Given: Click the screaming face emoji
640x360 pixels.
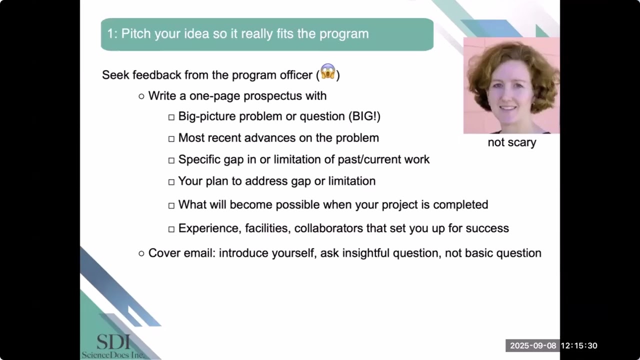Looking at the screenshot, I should pos(327,71).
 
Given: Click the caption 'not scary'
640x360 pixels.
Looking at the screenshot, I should pos(511,142).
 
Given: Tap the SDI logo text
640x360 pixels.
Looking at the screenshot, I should pos(113,342).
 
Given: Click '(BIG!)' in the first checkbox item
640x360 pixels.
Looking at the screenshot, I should pos(364,116).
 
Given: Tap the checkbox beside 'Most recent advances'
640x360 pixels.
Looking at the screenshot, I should pos(171,138).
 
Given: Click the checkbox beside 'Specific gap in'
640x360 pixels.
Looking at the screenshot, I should pos(171,160).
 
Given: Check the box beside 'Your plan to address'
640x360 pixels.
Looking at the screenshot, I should pos(171,182).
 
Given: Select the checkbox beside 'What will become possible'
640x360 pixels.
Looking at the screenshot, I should pos(171,205).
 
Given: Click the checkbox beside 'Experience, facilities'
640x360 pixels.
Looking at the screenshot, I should pos(171,229).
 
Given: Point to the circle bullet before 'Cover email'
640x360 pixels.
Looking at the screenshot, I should pos(141,253).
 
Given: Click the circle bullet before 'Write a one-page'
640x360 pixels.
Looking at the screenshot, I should pos(141,96).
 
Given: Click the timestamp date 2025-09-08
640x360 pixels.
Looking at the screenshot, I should pos(532,345).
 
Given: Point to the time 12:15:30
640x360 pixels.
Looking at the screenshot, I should pos(579,345).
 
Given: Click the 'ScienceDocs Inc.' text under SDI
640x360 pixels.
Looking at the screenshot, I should pos(113,354).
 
